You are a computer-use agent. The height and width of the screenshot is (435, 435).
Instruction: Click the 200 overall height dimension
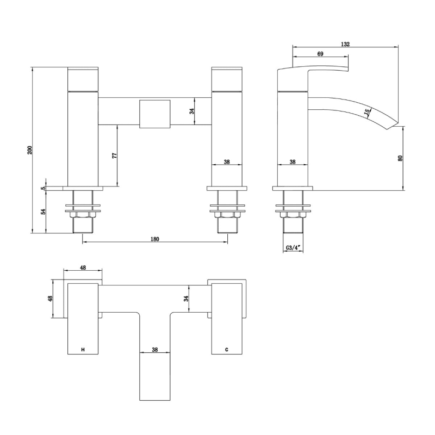pos(30,150)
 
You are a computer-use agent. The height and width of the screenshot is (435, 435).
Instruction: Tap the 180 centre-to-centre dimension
pos(155,239)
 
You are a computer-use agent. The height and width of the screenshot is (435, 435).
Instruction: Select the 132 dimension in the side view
pos(345,44)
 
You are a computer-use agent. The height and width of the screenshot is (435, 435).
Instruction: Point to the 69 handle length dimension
pos(320,54)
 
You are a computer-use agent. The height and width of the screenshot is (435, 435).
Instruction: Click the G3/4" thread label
pos(294,248)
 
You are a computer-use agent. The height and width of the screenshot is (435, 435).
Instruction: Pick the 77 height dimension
pos(115,156)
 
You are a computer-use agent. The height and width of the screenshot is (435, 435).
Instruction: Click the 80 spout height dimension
pos(400,158)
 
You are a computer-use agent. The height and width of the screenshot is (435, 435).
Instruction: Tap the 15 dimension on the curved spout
pos(366,113)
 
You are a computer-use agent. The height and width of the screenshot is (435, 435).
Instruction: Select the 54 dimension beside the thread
pos(43,212)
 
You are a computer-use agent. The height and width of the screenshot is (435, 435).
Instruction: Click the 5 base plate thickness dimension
pos(43,188)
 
